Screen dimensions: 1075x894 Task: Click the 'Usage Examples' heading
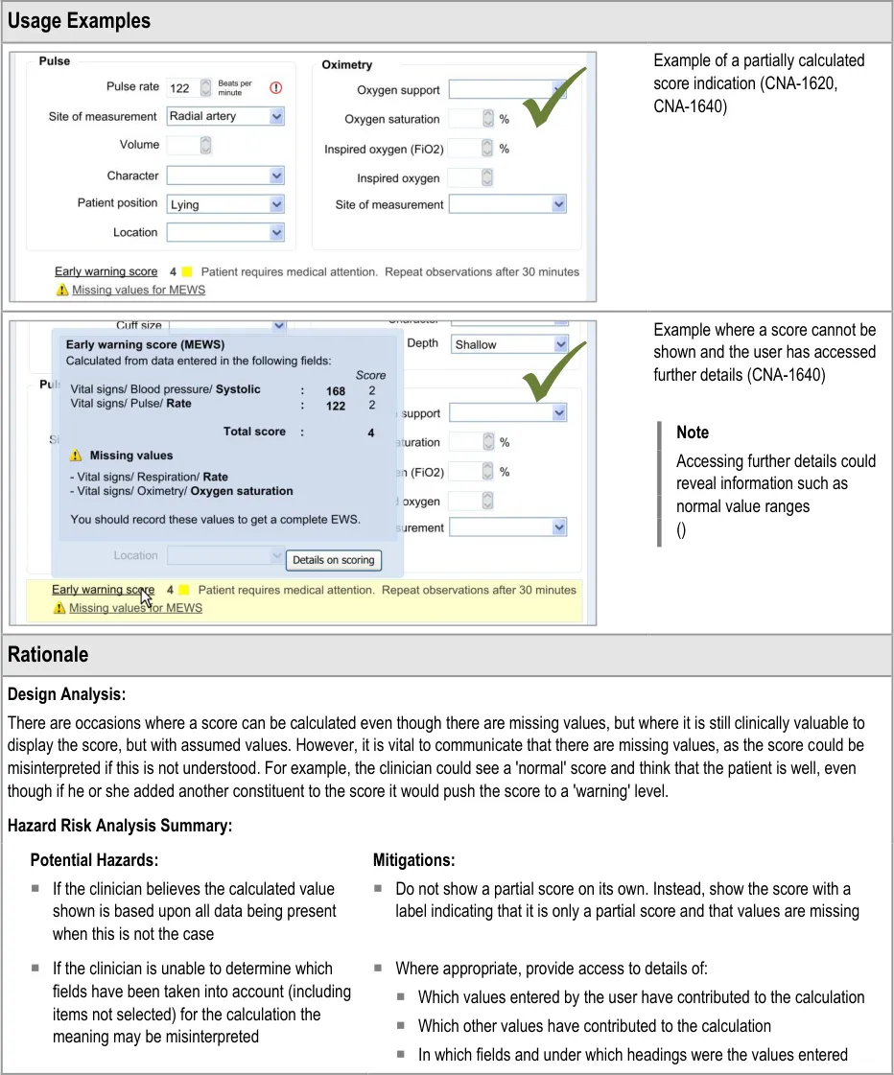[x=79, y=20]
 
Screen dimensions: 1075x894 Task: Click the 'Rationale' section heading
[x=48, y=655]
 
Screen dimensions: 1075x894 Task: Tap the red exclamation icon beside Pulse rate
[x=276, y=87]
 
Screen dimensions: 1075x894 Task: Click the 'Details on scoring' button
[x=334, y=560]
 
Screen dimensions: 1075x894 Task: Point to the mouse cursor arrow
[x=146, y=596]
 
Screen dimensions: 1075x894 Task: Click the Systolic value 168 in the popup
[x=335, y=390]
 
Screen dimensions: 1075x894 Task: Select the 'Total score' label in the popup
[x=254, y=432]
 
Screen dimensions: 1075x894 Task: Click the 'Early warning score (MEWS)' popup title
[x=144, y=344]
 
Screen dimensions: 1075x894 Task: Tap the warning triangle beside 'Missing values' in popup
[x=76, y=456]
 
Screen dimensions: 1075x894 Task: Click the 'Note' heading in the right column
[x=693, y=432]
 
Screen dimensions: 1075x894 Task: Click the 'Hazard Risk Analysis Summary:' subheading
[x=120, y=825]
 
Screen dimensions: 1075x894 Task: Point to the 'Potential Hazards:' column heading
[x=94, y=860]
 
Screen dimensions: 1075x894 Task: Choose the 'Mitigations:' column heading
[x=413, y=860]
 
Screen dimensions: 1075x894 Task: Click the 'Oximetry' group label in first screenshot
[x=346, y=65]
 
